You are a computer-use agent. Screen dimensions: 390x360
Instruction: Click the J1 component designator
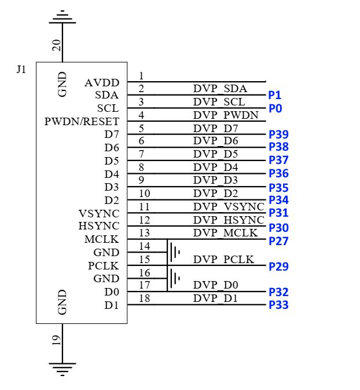point(21,70)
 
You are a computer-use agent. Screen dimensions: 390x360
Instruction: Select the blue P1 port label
point(274,95)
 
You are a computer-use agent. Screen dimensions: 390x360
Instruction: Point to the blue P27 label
point(278,241)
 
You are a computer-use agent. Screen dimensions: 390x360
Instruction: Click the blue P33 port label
point(278,305)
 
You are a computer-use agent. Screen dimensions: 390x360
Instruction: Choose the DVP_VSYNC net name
point(229,207)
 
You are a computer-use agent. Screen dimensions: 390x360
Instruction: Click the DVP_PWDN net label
point(226,115)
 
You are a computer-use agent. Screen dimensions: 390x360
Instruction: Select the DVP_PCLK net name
point(224,259)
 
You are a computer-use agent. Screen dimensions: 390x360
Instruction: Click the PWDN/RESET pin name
point(82,122)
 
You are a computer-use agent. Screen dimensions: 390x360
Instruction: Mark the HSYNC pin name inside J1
point(99,226)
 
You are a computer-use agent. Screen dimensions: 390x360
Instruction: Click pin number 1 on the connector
point(142,76)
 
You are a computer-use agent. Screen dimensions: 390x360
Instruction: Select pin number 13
point(144,232)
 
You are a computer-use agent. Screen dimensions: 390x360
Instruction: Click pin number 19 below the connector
point(57,341)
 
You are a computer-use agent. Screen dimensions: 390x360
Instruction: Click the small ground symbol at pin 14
point(176,252)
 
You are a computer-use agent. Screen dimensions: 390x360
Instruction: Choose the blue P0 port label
point(274,108)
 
